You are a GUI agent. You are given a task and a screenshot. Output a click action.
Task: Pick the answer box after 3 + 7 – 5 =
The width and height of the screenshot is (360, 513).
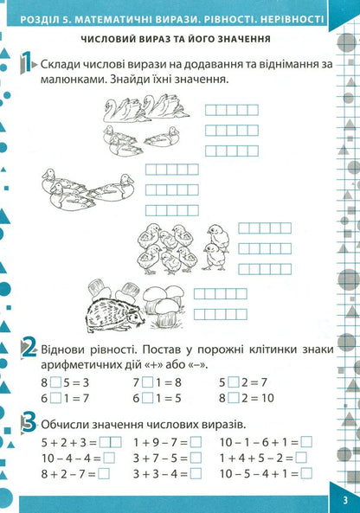pyautogui.click(x=196, y=458)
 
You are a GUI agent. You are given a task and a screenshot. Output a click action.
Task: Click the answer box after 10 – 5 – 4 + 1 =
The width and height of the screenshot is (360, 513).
pyautogui.click(x=307, y=474)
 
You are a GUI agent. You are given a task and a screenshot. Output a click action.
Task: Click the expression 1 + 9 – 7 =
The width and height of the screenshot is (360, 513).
pyautogui.click(x=159, y=441)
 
